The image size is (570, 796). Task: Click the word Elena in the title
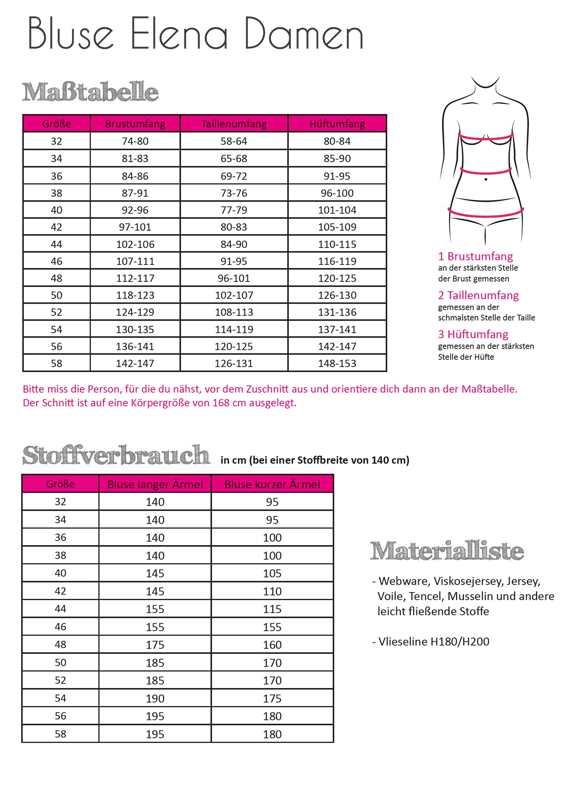179,34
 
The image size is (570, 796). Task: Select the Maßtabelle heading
90,91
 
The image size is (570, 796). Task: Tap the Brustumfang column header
135,124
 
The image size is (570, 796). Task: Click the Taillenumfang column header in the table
234,124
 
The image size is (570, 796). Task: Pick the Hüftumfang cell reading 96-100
337,193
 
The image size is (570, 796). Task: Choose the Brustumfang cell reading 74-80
135,141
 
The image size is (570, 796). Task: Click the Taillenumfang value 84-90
234,244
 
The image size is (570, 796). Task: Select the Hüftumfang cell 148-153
337,363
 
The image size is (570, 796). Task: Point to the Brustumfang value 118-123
135,295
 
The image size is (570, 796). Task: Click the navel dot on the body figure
486,179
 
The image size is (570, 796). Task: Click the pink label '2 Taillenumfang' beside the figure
478,295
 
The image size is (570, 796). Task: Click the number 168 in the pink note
221,403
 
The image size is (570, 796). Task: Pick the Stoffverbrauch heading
116,455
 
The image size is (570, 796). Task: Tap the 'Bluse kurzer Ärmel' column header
272,484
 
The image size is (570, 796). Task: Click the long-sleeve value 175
155,645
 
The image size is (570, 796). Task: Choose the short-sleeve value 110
272,591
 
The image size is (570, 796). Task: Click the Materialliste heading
447,551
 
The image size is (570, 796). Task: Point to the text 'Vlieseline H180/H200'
433,641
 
